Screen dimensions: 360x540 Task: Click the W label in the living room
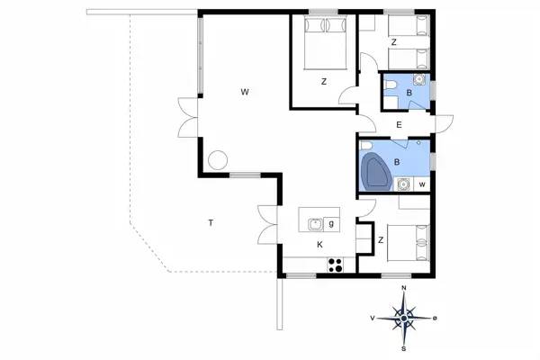coord(244,92)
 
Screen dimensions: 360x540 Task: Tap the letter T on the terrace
coord(211,222)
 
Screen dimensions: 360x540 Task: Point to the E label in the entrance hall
coord(399,125)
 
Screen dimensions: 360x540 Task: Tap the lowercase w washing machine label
coord(421,185)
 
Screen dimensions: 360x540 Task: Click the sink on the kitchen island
coord(314,223)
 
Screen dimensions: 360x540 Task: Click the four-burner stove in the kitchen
coord(336,265)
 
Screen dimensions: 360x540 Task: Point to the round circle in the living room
coord(217,160)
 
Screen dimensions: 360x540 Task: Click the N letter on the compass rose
coord(405,288)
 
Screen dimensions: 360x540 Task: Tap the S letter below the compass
coord(405,348)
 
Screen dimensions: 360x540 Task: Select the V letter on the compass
coord(372,318)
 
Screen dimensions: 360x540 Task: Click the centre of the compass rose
coord(405,318)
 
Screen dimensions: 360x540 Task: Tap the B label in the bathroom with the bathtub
coord(396,162)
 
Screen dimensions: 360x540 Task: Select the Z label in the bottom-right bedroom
coord(382,239)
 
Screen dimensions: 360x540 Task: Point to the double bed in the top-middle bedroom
coord(320,44)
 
